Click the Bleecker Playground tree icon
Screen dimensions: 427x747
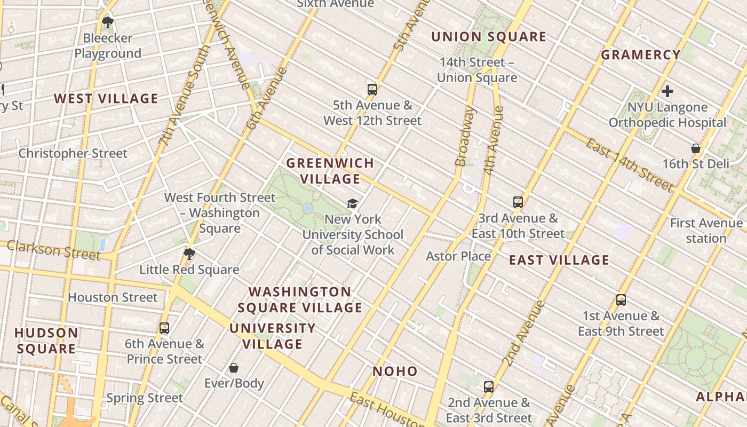point(108,22)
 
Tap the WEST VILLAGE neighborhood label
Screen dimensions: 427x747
point(106,99)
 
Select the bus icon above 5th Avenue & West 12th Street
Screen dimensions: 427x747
point(372,89)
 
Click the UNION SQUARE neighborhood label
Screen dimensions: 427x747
point(488,37)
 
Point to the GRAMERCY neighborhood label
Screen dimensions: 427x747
point(641,55)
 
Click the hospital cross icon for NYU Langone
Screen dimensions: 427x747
point(667,91)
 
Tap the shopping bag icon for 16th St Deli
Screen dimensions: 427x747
point(695,148)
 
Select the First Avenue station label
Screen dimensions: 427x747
point(705,231)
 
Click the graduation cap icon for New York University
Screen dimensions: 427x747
point(352,203)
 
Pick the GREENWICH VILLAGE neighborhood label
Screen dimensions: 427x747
point(330,171)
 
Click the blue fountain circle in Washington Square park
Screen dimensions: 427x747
point(308,209)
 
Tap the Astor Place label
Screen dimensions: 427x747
point(458,256)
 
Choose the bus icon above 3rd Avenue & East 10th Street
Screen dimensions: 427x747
point(518,202)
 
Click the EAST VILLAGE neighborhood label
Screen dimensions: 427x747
point(559,260)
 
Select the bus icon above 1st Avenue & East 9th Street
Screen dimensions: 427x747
point(621,300)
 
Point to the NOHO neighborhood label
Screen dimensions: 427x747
point(395,371)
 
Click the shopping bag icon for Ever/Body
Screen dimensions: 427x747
point(234,368)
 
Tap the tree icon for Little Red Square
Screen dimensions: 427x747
point(188,254)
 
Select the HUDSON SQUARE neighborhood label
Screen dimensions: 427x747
point(46,341)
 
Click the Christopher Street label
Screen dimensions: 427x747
point(73,154)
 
